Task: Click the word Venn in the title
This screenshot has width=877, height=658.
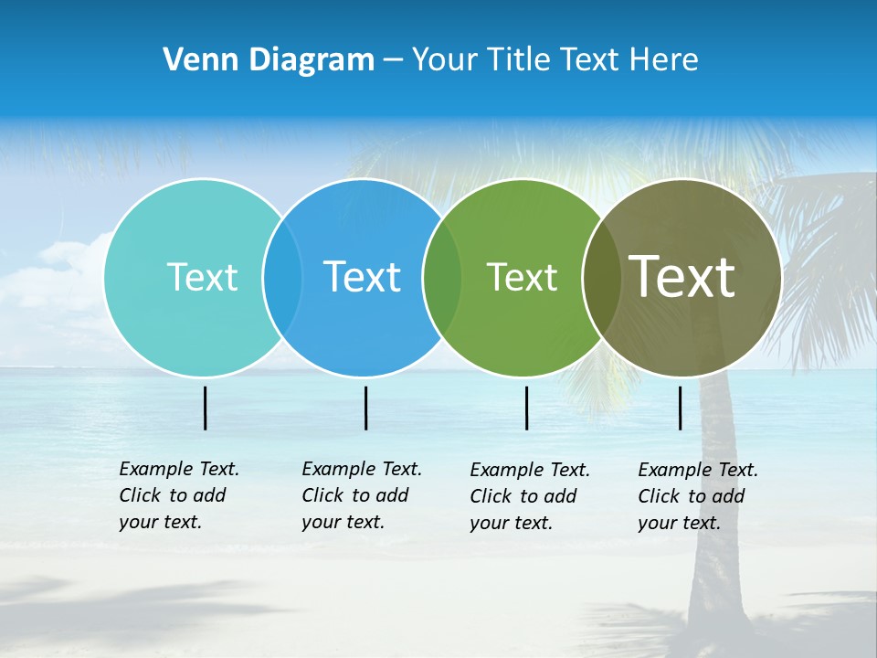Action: tap(191, 60)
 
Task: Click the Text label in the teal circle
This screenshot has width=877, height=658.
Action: tap(202, 277)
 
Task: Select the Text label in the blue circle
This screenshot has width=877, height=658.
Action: tap(362, 277)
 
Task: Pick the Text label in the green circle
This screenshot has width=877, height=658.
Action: tap(522, 277)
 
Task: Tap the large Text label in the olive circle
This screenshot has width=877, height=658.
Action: tap(682, 277)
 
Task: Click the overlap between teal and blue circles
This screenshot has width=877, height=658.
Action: tap(282, 277)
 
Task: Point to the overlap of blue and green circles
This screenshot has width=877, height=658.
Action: tap(442, 277)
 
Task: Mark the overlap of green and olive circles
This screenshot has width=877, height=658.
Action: tap(601, 277)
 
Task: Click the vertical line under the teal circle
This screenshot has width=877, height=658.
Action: tap(206, 408)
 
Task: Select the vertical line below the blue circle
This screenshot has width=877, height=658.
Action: tap(365, 408)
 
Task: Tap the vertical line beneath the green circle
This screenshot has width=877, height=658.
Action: tap(526, 408)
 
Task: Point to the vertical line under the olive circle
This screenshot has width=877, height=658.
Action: tap(680, 408)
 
